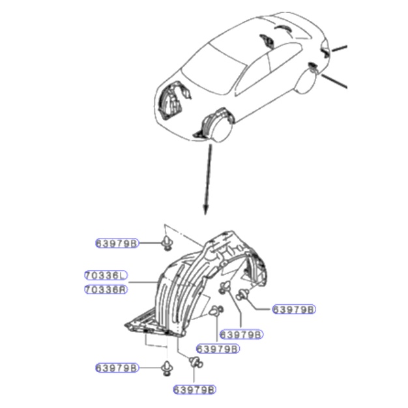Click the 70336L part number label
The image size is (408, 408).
pyautogui.click(x=106, y=275)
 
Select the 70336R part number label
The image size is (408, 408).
pyautogui.click(x=106, y=289)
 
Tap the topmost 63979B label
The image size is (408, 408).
pyautogui.click(x=117, y=243)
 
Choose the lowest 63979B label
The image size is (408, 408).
pyautogui.click(x=195, y=390)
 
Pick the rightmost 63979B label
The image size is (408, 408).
pyautogui.click(x=294, y=310)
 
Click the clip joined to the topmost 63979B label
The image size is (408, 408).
pyautogui.click(x=167, y=243)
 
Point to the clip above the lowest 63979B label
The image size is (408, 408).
pyautogui.click(x=196, y=362)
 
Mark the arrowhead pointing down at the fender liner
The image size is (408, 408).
pyautogui.click(x=205, y=210)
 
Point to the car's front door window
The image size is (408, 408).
pyautogui.click(x=254, y=74)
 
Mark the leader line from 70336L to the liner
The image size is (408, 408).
pyautogui.click(x=143, y=282)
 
